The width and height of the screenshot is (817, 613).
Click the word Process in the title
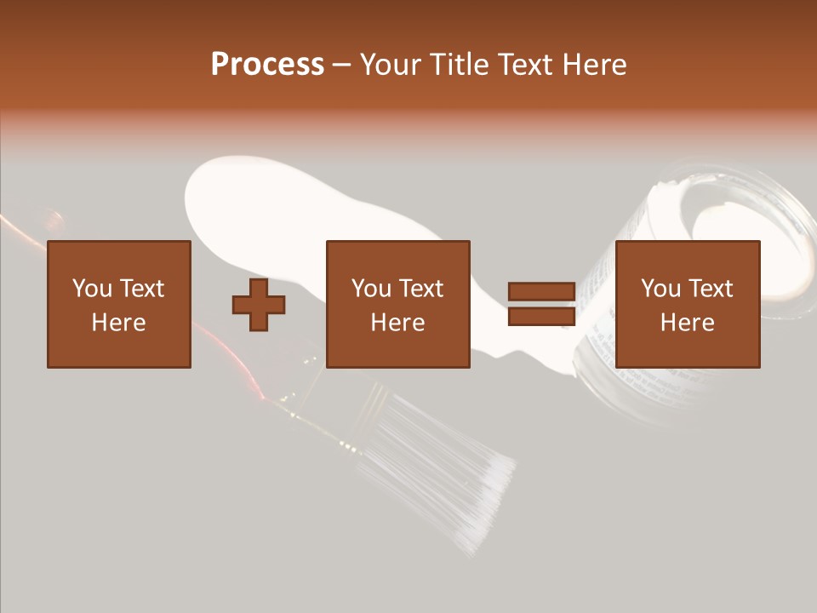(x=267, y=65)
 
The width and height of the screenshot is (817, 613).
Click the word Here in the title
(x=597, y=65)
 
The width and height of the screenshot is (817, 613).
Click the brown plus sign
(x=259, y=304)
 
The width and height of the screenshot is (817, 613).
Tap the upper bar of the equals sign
(x=541, y=292)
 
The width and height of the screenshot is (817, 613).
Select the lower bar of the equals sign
(x=541, y=316)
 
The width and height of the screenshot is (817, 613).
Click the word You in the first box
(x=91, y=289)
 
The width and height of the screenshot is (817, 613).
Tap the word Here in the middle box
(x=397, y=323)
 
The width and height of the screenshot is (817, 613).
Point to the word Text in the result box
(x=711, y=289)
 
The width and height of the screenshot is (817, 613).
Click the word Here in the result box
(x=687, y=323)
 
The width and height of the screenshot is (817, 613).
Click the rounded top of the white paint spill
(x=230, y=183)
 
